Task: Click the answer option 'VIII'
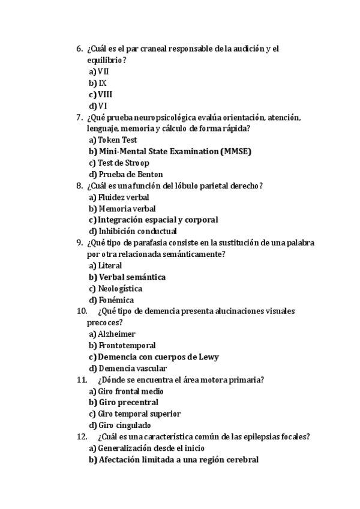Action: [105, 94]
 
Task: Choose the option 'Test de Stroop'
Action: [124, 163]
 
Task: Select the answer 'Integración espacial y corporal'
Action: [158, 220]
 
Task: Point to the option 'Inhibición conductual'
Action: [137, 231]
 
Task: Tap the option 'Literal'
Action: [110, 265]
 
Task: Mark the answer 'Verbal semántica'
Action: [132, 277]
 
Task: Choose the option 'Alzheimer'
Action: [116, 334]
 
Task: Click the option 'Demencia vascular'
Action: [133, 369]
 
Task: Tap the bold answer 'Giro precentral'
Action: [128, 403]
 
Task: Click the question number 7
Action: [80, 117]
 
